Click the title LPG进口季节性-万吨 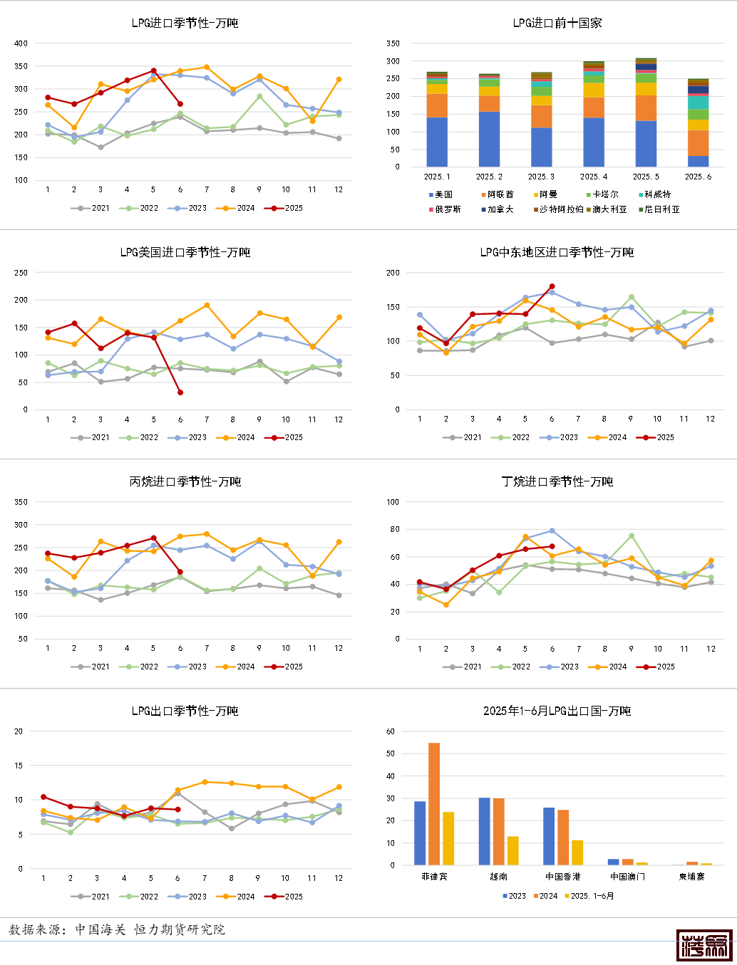185,23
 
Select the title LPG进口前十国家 557,23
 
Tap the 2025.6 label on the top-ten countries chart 698,177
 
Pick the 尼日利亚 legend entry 661,209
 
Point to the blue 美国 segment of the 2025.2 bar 489,140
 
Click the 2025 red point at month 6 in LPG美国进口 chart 180,392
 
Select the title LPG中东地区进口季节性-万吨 557,252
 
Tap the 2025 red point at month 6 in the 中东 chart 552,286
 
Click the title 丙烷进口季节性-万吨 185,481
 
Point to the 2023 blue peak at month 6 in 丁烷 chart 552,531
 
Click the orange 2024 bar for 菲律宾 434,804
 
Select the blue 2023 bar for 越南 484,831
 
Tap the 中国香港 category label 562,877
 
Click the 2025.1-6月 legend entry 592,896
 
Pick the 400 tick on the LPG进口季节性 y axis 21,43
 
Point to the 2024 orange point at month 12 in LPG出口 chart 339,787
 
